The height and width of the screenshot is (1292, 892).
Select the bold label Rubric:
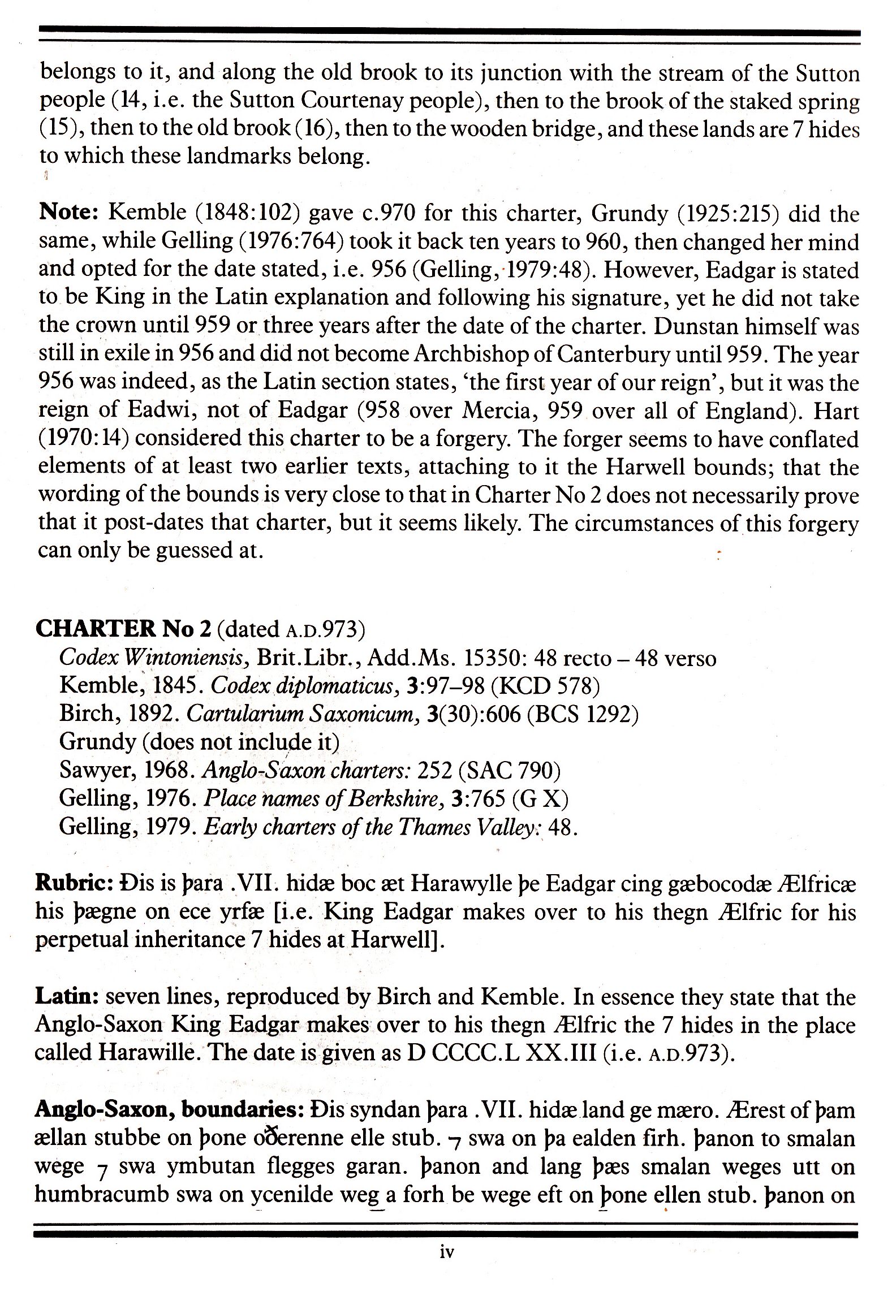pyautogui.click(x=71, y=883)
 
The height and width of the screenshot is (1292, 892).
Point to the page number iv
pyautogui.click(x=446, y=1252)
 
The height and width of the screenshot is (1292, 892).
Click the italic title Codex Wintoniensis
pyautogui.click(x=154, y=658)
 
